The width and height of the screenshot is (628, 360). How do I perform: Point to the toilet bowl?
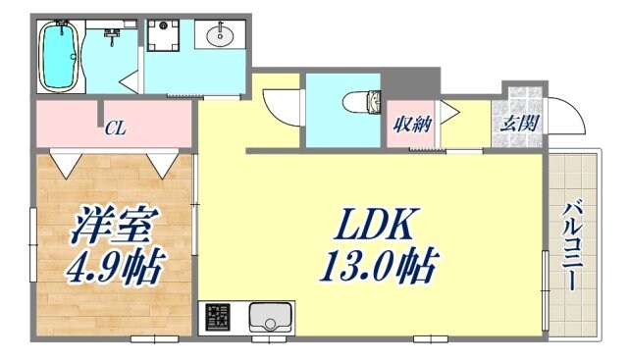365,100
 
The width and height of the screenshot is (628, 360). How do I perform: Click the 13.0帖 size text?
377,266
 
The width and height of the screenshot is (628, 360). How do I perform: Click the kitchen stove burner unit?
218,318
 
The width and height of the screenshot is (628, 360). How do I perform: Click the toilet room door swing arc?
281,104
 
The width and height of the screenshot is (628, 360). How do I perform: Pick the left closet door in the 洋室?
66,161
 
